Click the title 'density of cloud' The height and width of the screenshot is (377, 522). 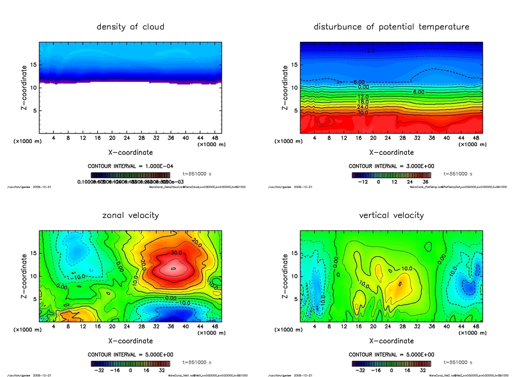pos(130,26)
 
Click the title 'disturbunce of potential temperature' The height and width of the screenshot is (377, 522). pos(391,26)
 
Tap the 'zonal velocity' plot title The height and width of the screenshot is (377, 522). pos(130,215)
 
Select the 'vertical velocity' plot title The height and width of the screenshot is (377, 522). pos(391,215)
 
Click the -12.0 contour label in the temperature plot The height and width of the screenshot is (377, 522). pos(370,51)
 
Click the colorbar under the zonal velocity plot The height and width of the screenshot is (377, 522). pos(130,364)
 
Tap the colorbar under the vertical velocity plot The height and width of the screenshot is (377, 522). pos(391,364)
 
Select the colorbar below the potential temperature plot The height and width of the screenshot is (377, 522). pos(391,175)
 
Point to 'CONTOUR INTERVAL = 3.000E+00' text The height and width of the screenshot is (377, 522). pos(391,166)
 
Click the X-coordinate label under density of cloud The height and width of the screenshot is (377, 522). pos(130,152)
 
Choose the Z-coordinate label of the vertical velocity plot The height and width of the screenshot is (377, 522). pos(285,276)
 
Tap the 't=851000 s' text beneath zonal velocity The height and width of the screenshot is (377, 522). pos(197,362)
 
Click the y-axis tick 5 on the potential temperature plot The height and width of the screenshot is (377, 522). pos(295,111)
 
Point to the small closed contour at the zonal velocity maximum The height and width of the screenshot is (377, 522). pos(173,268)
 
